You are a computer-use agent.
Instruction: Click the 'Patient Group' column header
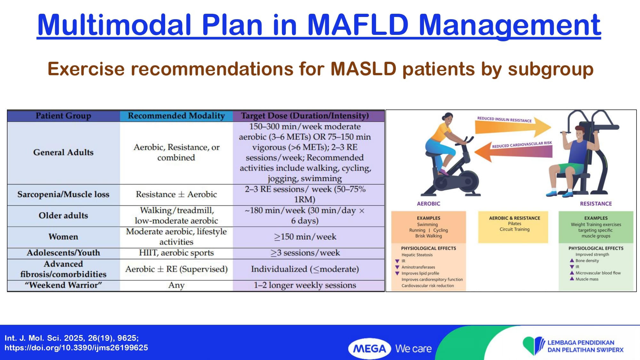tap(63, 116)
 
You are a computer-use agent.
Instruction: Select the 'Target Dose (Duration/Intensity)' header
tap(305, 116)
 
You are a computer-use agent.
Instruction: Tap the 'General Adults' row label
tap(63, 152)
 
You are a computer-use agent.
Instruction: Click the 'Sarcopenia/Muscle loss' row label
tap(63, 194)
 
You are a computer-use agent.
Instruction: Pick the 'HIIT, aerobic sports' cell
tap(176, 253)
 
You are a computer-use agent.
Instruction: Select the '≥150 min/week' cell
tap(305, 237)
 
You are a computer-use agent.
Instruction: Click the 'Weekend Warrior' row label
tap(63, 285)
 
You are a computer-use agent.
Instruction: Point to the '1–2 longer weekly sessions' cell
tap(305, 285)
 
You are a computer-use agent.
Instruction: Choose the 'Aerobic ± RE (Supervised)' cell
tap(176, 269)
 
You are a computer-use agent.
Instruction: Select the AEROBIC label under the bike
tap(428, 204)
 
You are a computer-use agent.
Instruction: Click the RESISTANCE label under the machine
tap(596, 204)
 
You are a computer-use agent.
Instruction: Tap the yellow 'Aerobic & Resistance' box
tap(513, 227)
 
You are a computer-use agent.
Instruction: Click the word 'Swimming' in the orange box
tap(427, 224)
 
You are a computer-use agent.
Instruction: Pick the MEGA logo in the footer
tap(370, 348)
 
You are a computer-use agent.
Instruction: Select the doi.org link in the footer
tap(76, 348)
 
